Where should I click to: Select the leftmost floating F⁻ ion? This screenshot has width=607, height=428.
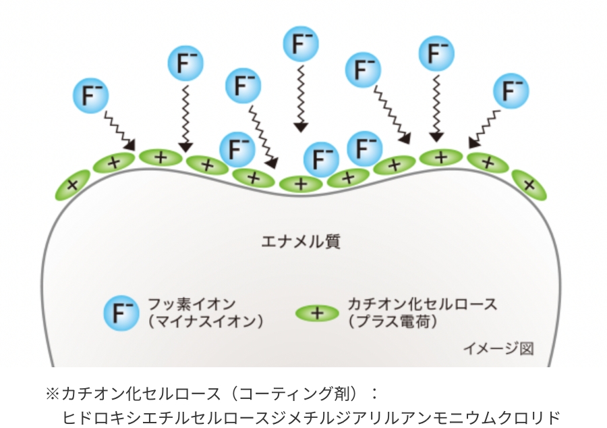click(x=90, y=95)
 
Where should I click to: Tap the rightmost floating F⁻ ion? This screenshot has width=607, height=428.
click(x=511, y=90)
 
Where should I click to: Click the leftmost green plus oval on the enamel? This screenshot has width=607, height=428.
click(x=74, y=184)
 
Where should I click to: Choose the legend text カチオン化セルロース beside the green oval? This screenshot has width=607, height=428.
click(x=422, y=304)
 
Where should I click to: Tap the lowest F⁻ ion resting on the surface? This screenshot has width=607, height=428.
click(x=321, y=160)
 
